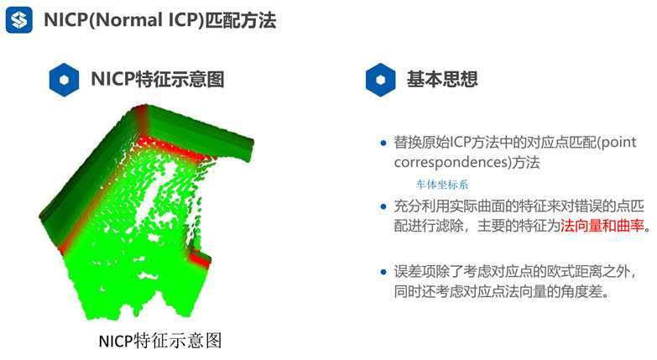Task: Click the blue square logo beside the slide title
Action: [x=19, y=19]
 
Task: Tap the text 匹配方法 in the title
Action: [x=241, y=20]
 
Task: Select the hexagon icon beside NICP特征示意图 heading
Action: [x=64, y=80]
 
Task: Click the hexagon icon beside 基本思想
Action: [x=380, y=80]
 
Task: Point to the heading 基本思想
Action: [x=442, y=79]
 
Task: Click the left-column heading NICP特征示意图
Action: [x=158, y=79]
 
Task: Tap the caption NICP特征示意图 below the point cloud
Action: [x=160, y=341]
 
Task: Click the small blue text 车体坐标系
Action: [x=442, y=185]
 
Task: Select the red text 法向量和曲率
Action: [x=602, y=226]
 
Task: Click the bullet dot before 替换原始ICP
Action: [x=383, y=143]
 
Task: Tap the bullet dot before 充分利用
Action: [x=383, y=206]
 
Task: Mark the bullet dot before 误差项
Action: [x=383, y=272]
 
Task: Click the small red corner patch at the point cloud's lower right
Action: [x=201, y=259]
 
